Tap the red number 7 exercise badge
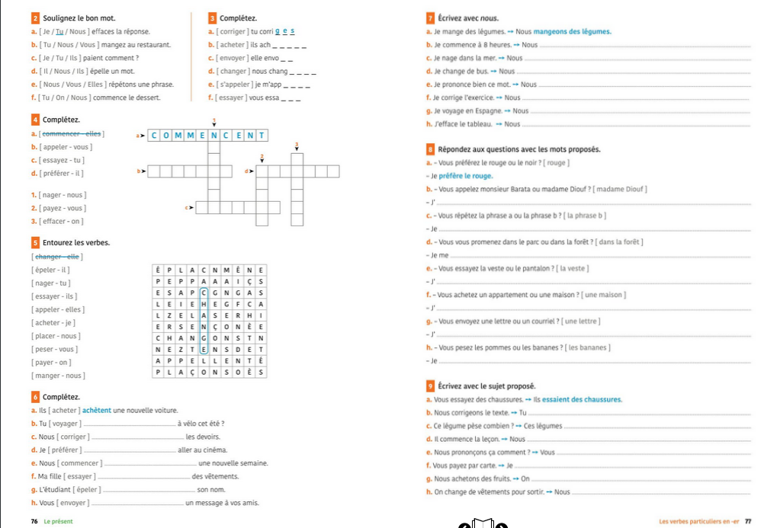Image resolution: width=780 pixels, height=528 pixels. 431,18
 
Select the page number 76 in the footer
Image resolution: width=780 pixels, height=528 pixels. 34,521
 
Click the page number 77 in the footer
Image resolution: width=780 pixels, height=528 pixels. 748,521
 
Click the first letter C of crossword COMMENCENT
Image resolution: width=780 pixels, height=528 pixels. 154,136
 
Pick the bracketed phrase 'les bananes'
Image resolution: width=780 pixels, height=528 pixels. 585,347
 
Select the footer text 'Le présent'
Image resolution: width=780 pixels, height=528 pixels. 59,521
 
